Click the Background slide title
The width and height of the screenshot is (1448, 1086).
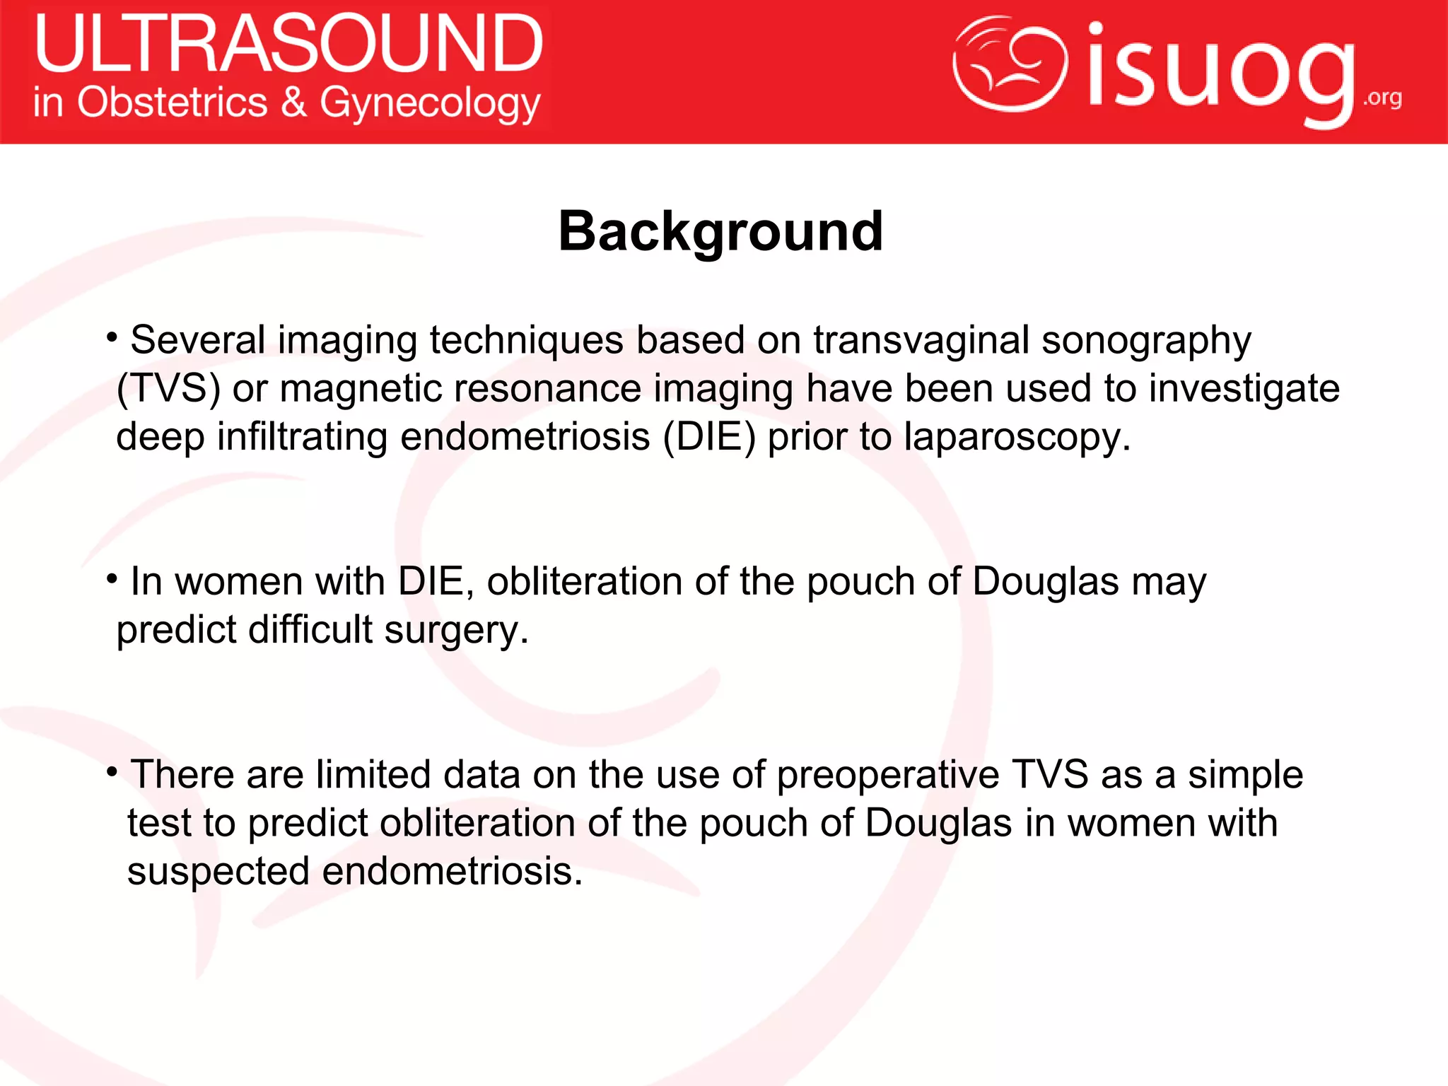(720, 231)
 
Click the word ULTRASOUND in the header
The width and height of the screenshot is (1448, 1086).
(288, 44)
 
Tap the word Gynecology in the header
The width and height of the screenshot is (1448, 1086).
(430, 103)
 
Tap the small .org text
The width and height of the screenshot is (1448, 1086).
(1382, 98)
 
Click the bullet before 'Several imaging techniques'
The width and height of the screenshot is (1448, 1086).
(112, 337)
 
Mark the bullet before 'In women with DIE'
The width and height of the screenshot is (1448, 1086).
(112, 579)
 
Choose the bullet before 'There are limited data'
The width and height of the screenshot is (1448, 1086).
(112, 772)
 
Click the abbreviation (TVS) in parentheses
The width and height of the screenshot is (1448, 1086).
(168, 388)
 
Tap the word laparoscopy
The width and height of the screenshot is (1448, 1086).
(1017, 438)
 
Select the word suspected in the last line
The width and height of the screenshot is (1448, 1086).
(218, 872)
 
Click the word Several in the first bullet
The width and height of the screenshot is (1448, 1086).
(198, 340)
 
